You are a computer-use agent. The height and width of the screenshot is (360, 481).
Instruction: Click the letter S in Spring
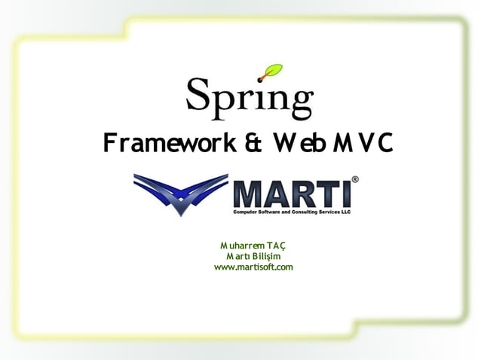(x=198, y=95)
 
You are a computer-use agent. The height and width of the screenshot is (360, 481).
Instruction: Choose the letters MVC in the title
(x=358, y=142)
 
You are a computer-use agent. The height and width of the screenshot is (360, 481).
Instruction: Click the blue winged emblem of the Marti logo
(x=181, y=193)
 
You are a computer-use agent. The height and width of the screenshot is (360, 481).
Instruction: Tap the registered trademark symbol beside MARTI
(x=355, y=180)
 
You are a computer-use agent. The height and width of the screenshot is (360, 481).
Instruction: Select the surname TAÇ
(x=276, y=246)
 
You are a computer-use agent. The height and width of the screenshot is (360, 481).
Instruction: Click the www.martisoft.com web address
(x=253, y=267)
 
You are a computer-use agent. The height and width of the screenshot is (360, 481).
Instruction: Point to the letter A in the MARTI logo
(x=277, y=193)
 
